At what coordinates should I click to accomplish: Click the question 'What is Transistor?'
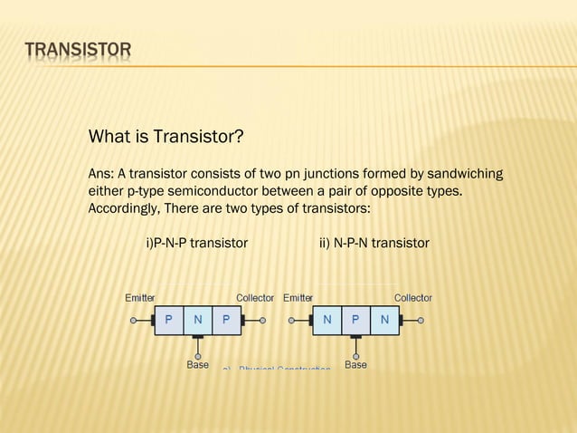(166, 138)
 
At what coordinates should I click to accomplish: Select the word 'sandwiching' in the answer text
(466, 173)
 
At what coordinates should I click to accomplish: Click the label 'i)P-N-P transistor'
(196, 244)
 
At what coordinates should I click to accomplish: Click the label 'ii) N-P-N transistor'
(374, 244)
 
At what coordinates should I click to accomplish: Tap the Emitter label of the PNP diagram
(139, 298)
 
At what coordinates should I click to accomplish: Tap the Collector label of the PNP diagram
(255, 298)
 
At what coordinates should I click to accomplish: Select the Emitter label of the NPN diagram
(298, 298)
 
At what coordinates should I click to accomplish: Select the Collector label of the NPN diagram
(412, 298)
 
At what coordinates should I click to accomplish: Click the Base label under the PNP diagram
(197, 365)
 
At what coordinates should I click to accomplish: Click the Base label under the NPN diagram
(355, 365)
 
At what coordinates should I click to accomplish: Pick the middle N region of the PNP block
(197, 320)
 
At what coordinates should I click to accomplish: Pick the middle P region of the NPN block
(355, 320)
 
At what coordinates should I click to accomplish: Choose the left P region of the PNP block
(169, 320)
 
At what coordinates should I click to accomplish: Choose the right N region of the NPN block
(384, 320)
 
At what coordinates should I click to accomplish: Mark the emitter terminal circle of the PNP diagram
(133, 320)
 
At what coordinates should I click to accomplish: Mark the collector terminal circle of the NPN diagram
(421, 320)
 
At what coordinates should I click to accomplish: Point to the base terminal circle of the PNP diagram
(197, 356)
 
